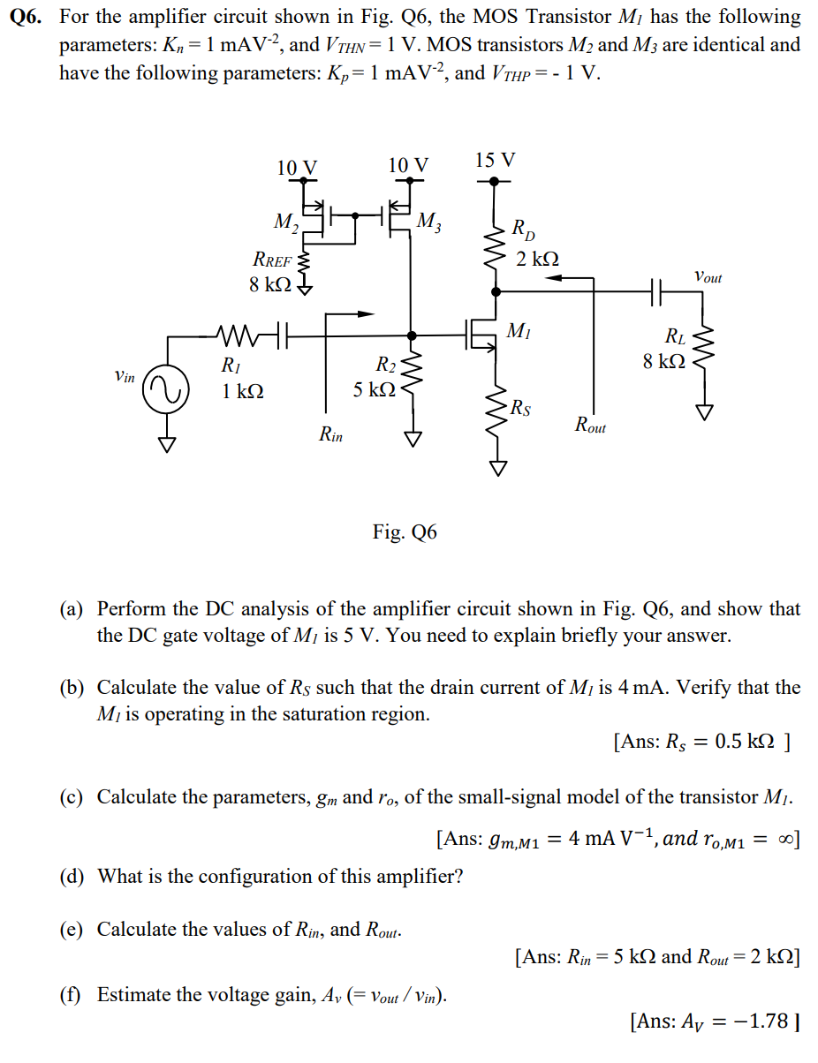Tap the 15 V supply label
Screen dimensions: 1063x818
(x=495, y=160)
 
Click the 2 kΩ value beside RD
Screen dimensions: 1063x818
(x=537, y=259)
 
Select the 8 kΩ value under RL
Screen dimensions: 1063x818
(x=663, y=361)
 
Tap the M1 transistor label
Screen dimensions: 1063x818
(x=519, y=331)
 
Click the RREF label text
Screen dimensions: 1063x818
(x=272, y=260)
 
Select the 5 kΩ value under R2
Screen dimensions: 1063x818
(x=374, y=388)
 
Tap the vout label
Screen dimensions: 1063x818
(x=708, y=277)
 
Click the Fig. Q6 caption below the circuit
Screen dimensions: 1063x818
(x=405, y=531)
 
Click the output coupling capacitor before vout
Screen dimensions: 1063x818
(x=655, y=288)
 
